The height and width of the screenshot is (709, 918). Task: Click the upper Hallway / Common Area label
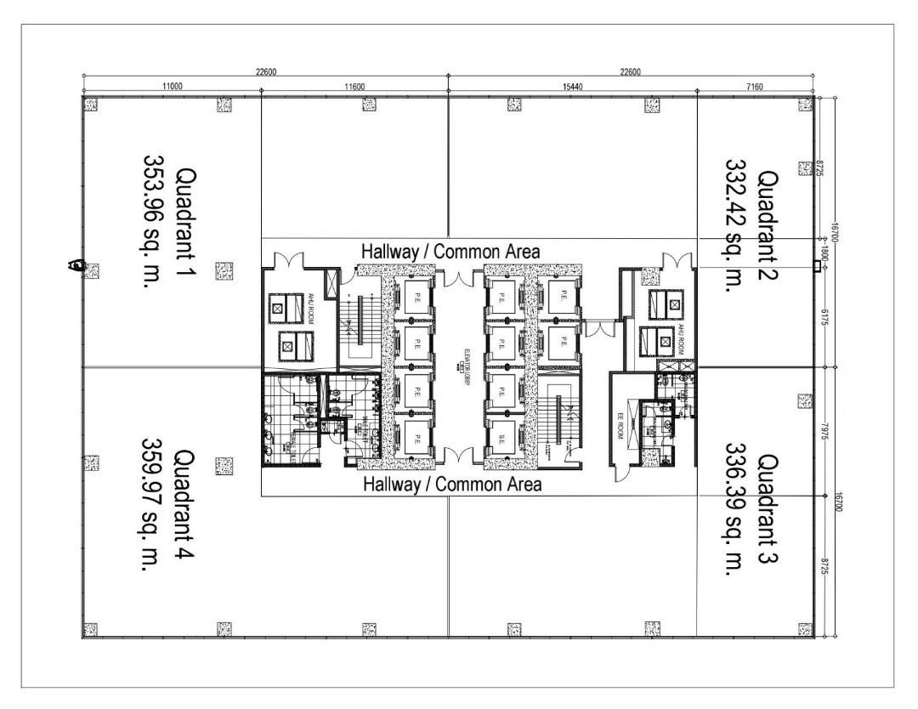[450, 252]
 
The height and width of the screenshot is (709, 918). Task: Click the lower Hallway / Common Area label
[452, 485]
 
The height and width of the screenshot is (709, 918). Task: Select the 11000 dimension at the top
[173, 87]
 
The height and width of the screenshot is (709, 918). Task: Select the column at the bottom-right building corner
[803, 630]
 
